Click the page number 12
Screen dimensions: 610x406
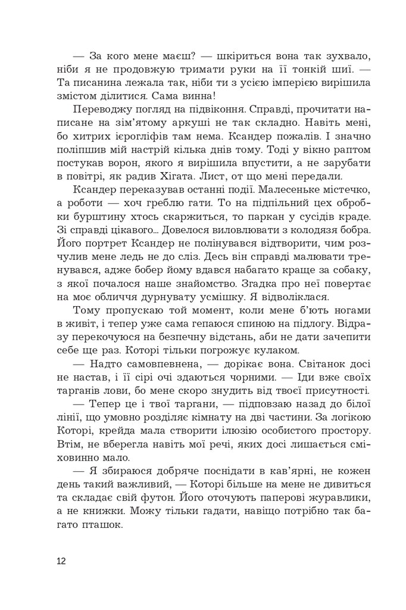(x=62, y=561)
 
